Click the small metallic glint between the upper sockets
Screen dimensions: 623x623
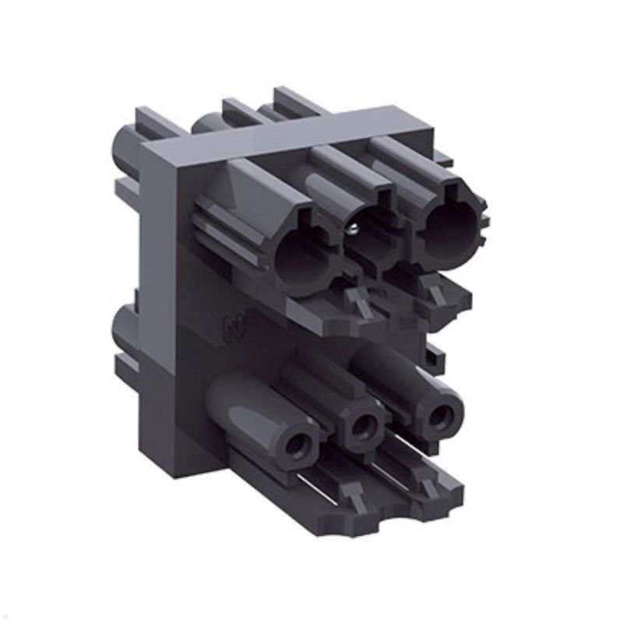352,228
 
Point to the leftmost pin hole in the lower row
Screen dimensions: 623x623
297,447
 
